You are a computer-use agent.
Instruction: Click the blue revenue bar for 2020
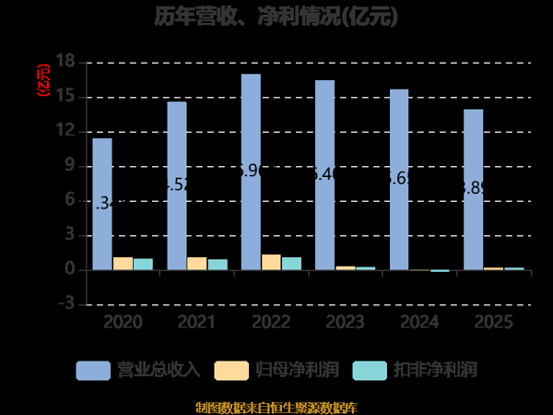[x=102, y=204]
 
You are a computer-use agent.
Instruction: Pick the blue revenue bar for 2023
[x=324, y=175]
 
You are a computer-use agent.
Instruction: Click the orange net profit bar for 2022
[x=271, y=262]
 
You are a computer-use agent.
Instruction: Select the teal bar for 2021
[x=218, y=265]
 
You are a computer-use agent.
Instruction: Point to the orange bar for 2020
[x=123, y=264]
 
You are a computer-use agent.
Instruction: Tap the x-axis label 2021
[x=196, y=322]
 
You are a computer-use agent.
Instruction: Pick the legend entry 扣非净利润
[x=434, y=370]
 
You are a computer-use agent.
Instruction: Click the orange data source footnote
[x=276, y=407]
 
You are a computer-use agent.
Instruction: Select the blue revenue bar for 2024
[x=398, y=180]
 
